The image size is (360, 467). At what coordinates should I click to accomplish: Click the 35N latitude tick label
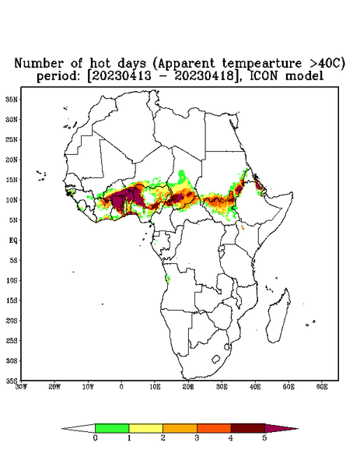click(12, 99)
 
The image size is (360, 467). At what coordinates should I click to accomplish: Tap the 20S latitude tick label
click(12, 321)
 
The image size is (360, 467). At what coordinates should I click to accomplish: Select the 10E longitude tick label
click(155, 387)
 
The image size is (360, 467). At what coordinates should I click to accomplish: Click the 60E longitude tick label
click(322, 387)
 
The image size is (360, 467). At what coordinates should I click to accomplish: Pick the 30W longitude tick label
click(21, 387)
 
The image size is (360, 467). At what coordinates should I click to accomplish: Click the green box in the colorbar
click(112, 428)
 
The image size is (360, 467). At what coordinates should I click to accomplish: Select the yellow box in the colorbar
click(145, 428)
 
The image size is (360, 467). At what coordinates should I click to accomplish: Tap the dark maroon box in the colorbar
click(248, 428)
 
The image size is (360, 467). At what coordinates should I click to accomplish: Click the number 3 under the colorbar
click(197, 438)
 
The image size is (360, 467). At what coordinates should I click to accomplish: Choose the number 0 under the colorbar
click(95, 438)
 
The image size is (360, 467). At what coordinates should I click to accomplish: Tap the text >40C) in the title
click(327, 64)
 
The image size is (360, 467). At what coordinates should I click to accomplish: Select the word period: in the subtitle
click(58, 76)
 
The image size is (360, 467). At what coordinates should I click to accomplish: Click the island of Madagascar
click(278, 316)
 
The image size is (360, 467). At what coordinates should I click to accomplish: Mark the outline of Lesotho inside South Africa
click(215, 360)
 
